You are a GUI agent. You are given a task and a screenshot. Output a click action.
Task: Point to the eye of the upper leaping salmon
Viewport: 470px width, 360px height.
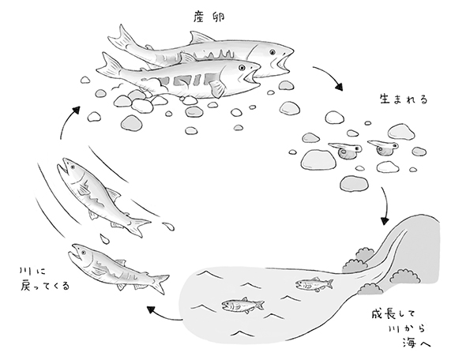tap(70, 167)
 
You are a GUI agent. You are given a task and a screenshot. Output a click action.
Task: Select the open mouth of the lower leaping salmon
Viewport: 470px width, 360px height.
tap(75, 255)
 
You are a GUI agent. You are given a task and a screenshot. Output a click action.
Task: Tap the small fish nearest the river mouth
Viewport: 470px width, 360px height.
tap(310, 283)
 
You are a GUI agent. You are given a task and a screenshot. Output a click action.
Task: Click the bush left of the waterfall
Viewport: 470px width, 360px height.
tap(359, 258)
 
